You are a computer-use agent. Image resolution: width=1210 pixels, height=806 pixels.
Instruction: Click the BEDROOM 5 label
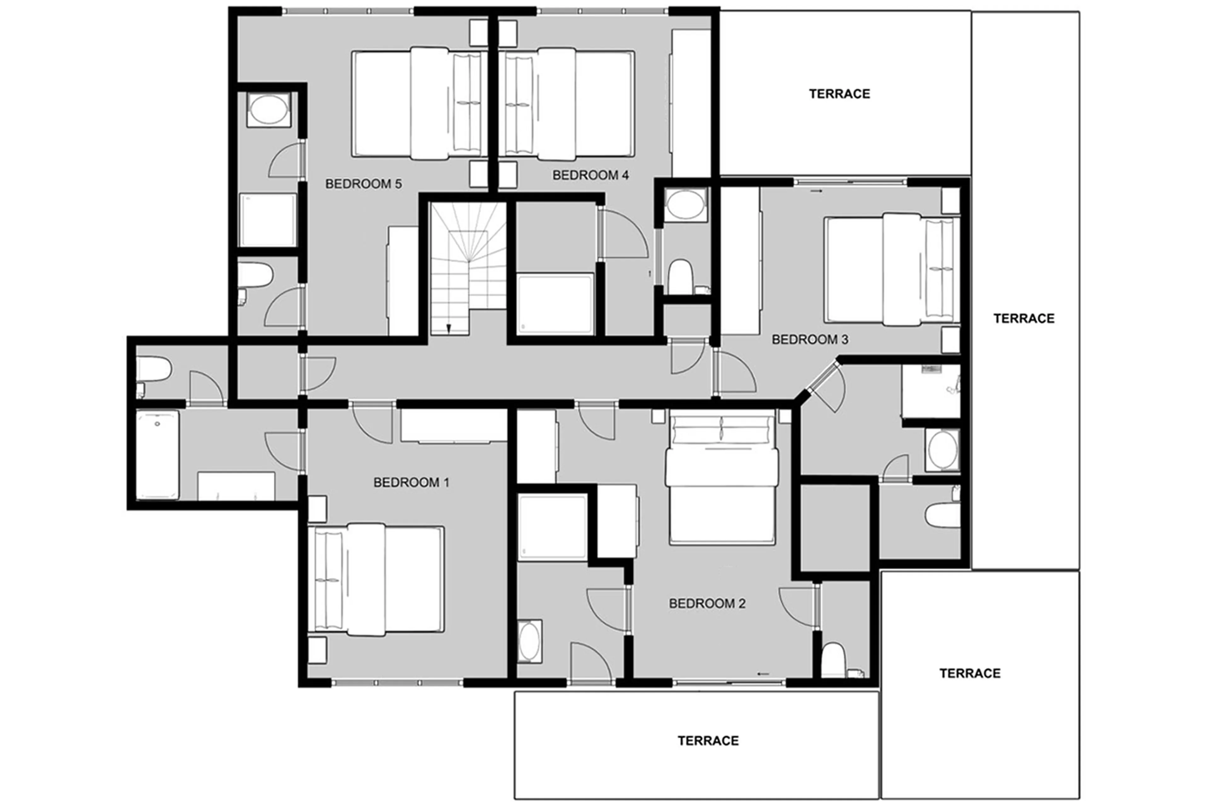(363, 184)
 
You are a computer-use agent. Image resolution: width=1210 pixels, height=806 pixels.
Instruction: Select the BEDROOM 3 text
(810, 339)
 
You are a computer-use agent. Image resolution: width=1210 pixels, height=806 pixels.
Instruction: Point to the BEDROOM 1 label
(411, 482)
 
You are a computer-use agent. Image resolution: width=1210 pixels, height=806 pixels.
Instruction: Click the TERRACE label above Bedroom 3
(839, 94)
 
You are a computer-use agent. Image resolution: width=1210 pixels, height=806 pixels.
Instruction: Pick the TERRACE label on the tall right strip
(1023, 318)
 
